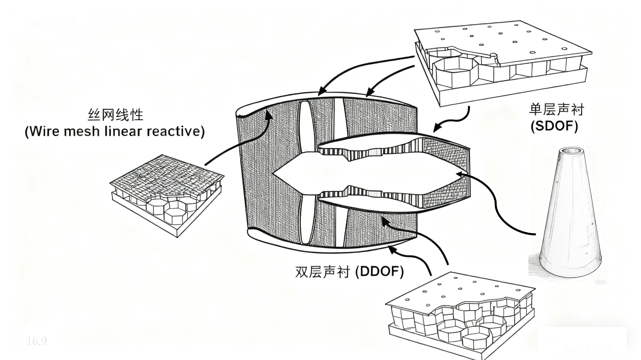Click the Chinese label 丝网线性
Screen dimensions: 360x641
click(x=115, y=114)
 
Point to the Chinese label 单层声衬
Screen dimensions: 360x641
click(x=556, y=110)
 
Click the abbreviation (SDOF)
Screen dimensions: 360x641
click(x=554, y=126)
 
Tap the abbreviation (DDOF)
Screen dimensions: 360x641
click(x=379, y=272)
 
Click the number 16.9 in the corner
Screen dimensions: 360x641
click(x=37, y=341)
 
